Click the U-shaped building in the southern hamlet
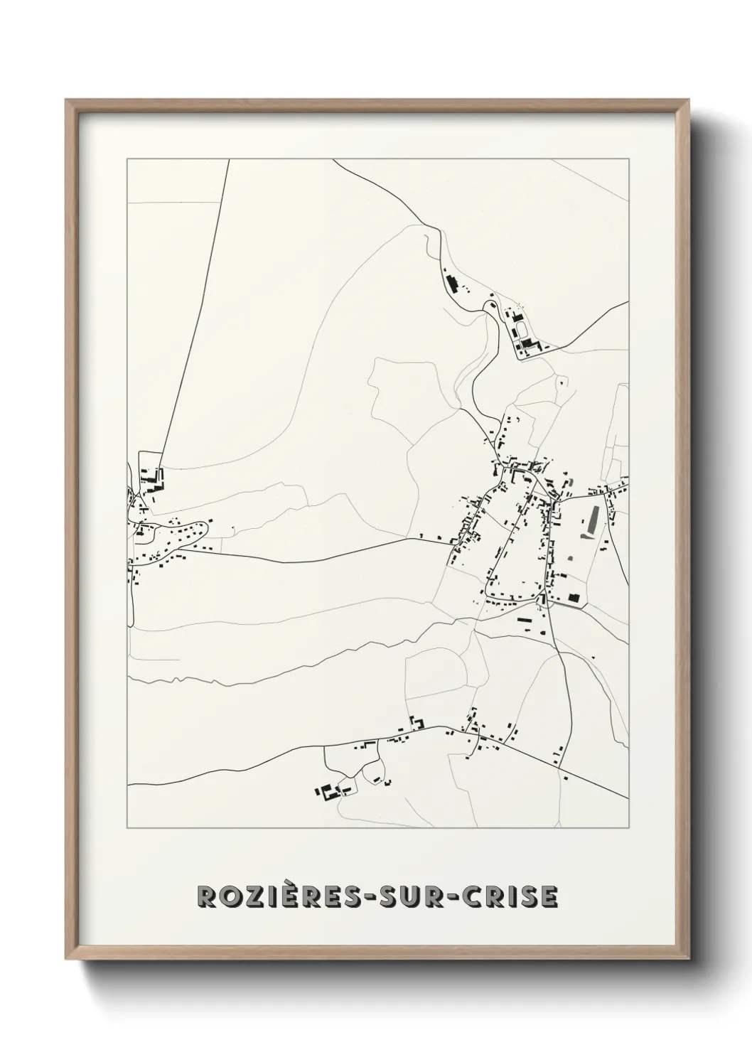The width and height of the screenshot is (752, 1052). point(418,722)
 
